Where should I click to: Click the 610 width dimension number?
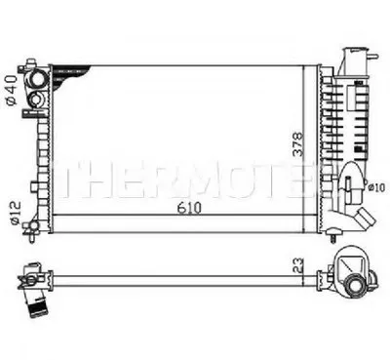tap(189, 208)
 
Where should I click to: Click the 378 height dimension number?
tap(298, 144)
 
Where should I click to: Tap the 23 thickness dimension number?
tap(298, 265)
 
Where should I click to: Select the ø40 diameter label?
tap(11, 91)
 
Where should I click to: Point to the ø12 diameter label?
tap(16, 213)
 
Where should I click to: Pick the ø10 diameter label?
tap(376, 187)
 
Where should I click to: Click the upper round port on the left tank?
tap(38, 79)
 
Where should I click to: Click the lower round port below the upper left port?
tap(36, 99)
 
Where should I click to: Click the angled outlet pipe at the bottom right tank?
tap(365, 220)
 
